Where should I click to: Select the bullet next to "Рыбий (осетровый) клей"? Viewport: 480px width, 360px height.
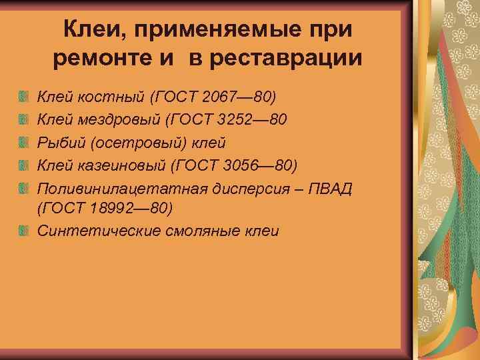click(25, 143)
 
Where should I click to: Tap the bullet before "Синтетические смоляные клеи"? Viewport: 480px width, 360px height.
click(25, 231)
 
